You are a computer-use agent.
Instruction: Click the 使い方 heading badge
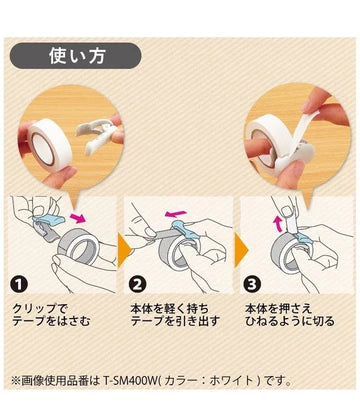coord(76,56)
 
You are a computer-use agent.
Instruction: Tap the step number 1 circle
coord(18,284)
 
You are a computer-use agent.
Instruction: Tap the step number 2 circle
coord(137,284)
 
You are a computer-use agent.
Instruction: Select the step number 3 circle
coord(252,284)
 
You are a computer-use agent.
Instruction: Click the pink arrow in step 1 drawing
coord(77,219)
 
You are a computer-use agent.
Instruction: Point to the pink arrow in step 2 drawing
coord(177,212)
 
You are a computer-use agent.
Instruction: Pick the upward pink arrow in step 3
coord(277,224)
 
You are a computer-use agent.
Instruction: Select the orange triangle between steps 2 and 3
coord(241,249)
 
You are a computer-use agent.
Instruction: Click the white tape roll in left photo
coord(50,144)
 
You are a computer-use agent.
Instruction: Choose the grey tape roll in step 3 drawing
coord(287,252)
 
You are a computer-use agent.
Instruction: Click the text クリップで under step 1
coord(40,308)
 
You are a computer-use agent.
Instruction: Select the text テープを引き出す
coord(175,321)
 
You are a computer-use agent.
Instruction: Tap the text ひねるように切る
coord(289,321)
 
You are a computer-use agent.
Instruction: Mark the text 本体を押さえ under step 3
coord(278,308)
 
